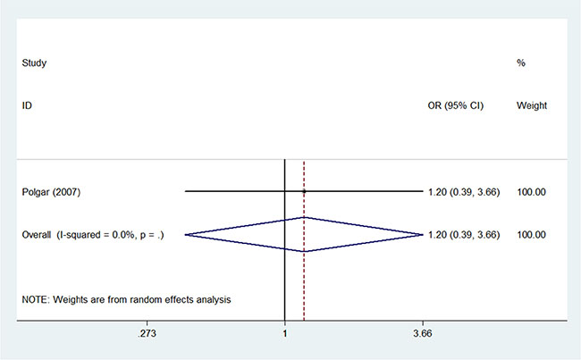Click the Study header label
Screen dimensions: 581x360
(34, 63)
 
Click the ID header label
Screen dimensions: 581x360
(27, 105)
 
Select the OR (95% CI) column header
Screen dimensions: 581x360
(455, 105)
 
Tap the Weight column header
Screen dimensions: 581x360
(532, 105)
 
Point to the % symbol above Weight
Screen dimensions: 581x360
(521, 63)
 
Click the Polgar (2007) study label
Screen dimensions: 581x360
(51, 192)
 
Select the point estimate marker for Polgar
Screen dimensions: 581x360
(304, 191)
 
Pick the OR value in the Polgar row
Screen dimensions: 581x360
(464, 192)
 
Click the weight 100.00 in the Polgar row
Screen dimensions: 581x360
(531, 192)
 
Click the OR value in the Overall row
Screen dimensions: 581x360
(464, 235)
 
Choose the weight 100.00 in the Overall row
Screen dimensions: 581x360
(531, 235)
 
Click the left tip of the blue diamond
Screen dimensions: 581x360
(185, 234)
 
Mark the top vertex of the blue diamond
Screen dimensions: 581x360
(304, 217)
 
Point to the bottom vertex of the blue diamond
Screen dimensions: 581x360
(304, 252)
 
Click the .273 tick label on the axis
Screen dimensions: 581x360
(147, 333)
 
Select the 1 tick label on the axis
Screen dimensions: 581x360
(284, 333)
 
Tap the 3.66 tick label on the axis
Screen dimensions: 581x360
(423, 333)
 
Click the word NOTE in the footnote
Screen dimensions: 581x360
(35, 299)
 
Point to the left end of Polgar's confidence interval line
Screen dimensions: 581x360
(185, 191)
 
